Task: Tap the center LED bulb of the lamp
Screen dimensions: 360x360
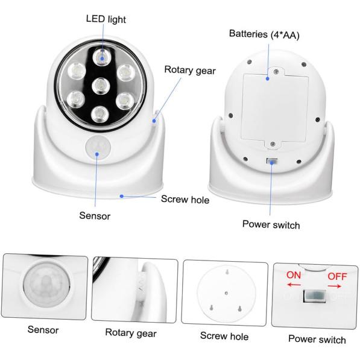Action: pyautogui.click(x=99, y=84)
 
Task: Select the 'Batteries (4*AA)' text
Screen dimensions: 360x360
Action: pyautogui.click(x=264, y=34)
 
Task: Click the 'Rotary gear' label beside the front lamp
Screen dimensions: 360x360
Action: pyautogui.click(x=190, y=69)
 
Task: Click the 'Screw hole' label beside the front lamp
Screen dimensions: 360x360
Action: pyautogui.click(x=185, y=198)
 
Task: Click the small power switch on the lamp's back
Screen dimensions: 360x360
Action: pyautogui.click(x=273, y=161)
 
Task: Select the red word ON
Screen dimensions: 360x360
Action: pyautogui.click(x=294, y=275)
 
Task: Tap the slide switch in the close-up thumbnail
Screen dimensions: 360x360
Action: pyautogui.click(x=314, y=296)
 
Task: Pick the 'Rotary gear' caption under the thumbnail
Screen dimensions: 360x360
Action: pyautogui.click(x=131, y=332)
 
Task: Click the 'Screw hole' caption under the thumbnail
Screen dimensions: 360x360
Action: pyautogui.click(x=224, y=336)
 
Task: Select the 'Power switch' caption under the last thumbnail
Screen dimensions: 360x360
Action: pyautogui.click(x=317, y=339)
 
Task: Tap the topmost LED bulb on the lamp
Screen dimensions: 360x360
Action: pyautogui.click(x=101, y=57)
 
